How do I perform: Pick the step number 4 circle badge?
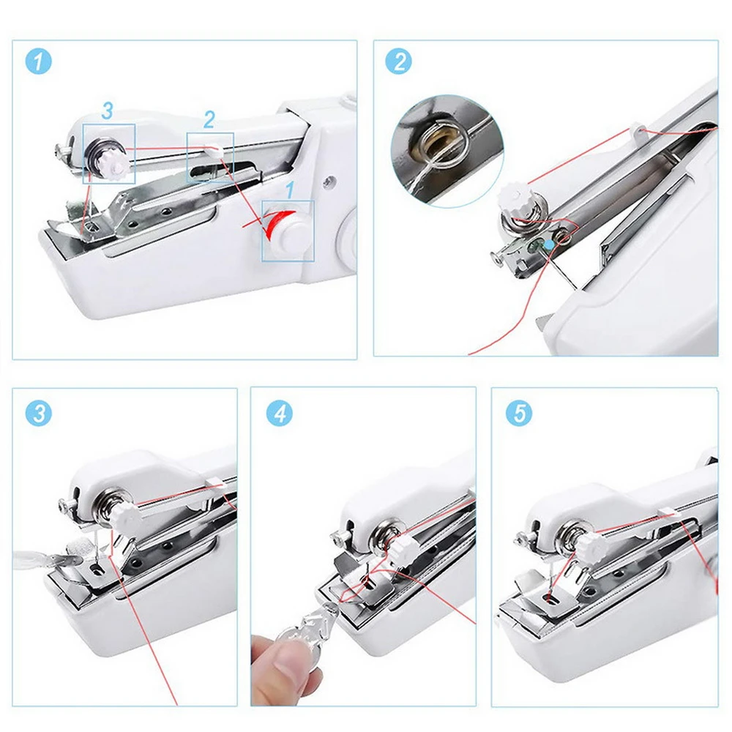click(279, 414)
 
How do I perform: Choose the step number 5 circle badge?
click(519, 414)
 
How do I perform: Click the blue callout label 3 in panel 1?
click(107, 111)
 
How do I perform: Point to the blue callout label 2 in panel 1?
click(209, 120)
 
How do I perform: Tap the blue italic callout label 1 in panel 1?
click(289, 190)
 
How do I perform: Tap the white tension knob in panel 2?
click(508, 198)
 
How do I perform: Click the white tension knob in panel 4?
click(400, 546)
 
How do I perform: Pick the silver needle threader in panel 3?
click(44, 557)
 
